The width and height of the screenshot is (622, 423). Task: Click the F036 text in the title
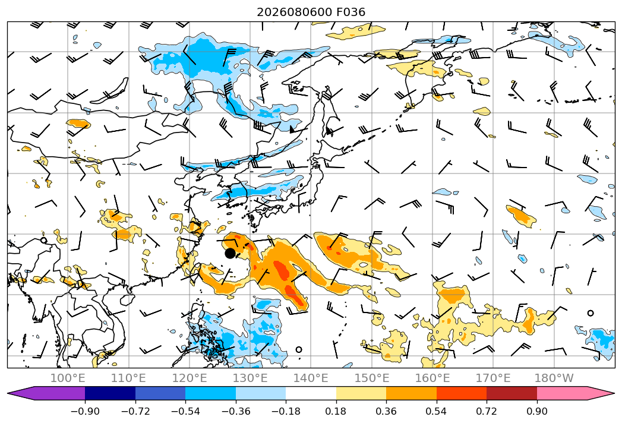pyautogui.click(x=351, y=12)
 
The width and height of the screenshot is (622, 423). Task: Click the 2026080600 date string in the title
pyautogui.click(x=294, y=12)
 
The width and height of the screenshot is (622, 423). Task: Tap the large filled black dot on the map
pyautogui.click(x=230, y=253)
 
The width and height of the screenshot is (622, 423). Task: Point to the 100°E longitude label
pyautogui.click(x=68, y=378)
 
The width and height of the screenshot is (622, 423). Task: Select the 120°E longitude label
pyautogui.click(x=190, y=378)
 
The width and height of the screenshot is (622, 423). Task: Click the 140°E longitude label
pyautogui.click(x=311, y=378)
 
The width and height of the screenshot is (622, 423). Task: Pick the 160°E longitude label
pyautogui.click(x=432, y=378)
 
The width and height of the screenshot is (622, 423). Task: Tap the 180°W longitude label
pyautogui.click(x=554, y=378)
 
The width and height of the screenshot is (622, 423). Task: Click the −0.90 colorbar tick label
pyautogui.click(x=85, y=411)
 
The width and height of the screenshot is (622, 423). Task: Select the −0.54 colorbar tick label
pyautogui.click(x=185, y=411)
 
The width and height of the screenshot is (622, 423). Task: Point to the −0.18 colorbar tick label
pyautogui.click(x=286, y=411)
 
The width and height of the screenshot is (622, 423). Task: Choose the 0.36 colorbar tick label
pyautogui.click(x=386, y=411)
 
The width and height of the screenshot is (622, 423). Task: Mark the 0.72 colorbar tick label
pyautogui.click(x=487, y=411)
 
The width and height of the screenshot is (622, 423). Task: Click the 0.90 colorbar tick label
pyautogui.click(x=536, y=411)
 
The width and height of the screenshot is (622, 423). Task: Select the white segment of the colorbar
pyautogui.click(x=311, y=393)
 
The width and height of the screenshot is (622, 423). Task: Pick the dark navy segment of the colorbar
pyautogui.click(x=110, y=393)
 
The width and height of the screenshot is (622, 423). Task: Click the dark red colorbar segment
pyautogui.click(x=512, y=393)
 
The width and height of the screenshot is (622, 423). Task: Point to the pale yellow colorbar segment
pyautogui.click(x=361, y=393)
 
